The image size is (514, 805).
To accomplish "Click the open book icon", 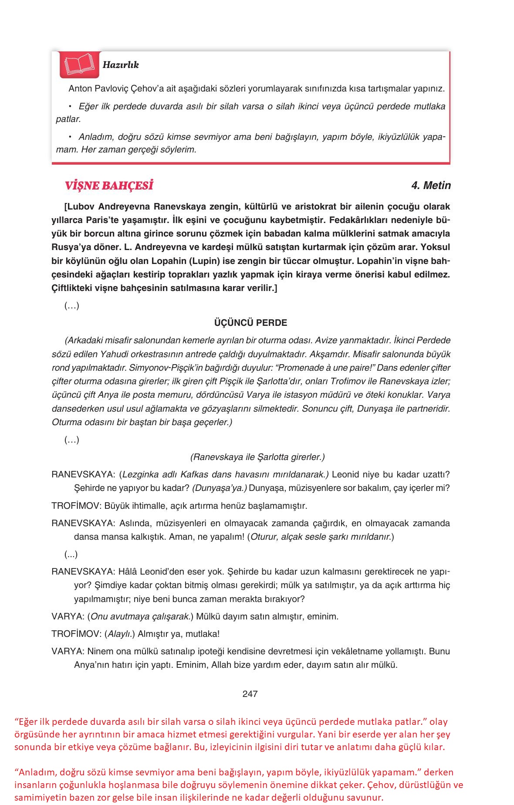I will coord(79,65).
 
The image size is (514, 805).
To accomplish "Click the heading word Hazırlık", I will coord(121,65).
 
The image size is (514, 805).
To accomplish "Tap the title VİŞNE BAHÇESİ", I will coord(109,186).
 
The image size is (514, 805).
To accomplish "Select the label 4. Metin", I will coord(431,186).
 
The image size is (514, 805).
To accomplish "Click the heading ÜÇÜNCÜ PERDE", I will coord(250,323).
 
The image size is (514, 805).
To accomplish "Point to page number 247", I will coord(250,694).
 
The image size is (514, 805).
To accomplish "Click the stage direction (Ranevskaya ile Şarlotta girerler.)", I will coord(257,457).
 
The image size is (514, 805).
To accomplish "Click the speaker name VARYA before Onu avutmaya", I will coord(68,616).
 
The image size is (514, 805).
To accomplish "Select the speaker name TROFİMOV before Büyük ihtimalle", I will coord(76,506).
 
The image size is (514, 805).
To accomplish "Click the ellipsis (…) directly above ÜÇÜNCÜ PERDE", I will coord(72,306).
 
